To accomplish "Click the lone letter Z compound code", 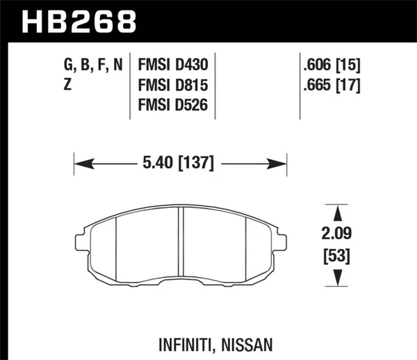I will (x=67, y=85).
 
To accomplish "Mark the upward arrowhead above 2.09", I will (x=336, y=212).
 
